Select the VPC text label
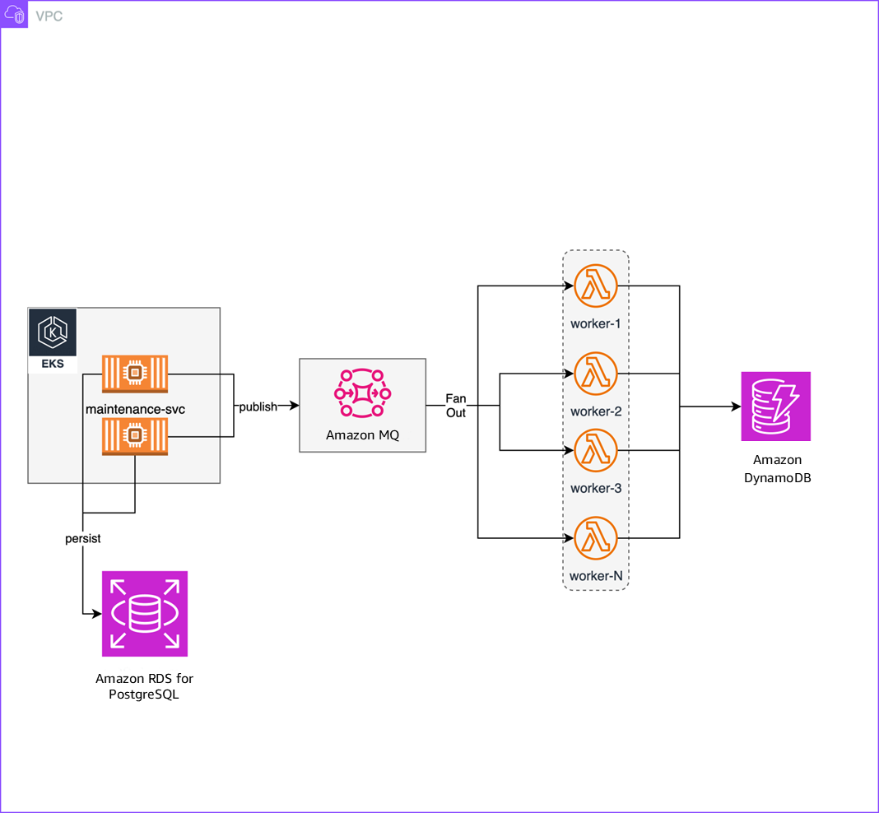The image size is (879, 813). (49, 16)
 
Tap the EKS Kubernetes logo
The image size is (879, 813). (53, 333)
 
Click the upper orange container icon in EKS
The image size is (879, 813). (135, 374)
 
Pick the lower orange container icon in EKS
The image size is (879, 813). (135, 436)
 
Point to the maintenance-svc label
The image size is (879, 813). (135, 407)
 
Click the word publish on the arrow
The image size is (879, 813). (258, 406)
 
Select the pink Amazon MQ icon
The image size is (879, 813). (362, 393)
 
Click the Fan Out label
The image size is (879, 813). (456, 406)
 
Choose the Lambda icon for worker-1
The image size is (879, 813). (596, 286)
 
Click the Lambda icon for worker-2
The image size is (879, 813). (596, 374)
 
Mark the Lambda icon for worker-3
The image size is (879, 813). (596, 450)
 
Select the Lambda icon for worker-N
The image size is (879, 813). (596, 538)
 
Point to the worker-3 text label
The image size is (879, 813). (596, 488)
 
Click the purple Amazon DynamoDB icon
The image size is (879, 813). (775, 406)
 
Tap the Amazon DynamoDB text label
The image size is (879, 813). (777, 469)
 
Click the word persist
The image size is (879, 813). (83, 539)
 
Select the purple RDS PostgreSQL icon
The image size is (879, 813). (145, 614)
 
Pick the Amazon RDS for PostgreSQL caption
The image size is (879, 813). (145, 686)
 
